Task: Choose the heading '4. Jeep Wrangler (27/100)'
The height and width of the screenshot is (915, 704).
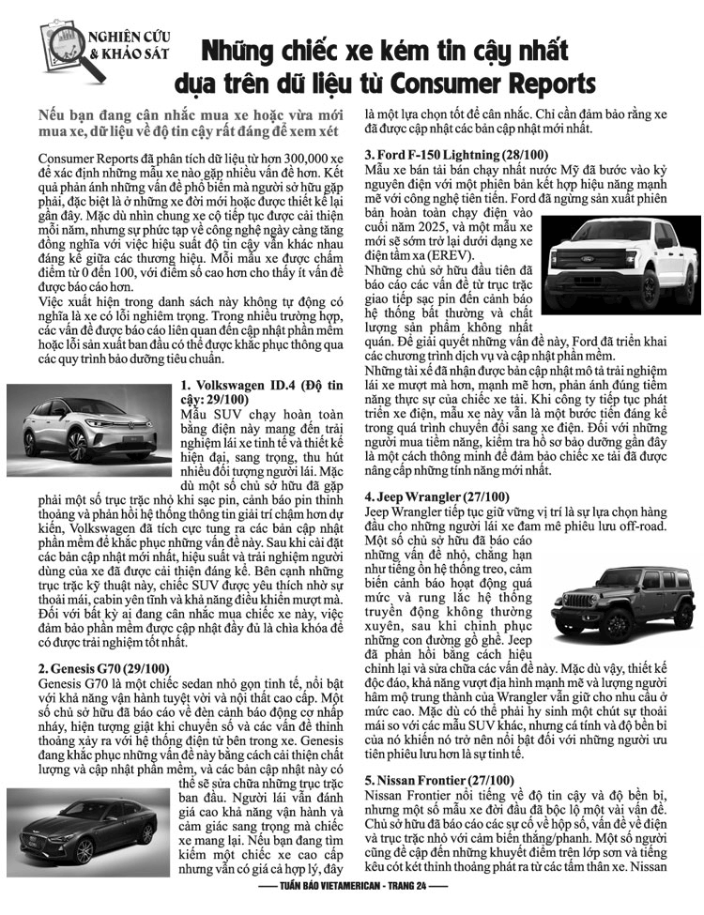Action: (437, 496)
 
